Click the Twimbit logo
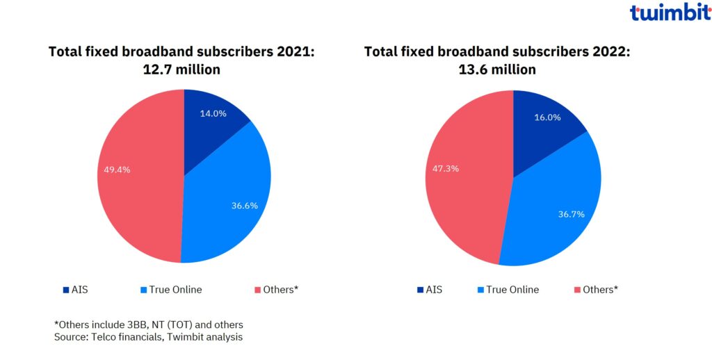coord(670,13)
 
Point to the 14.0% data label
coord(213,113)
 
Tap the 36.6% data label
coord(245,205)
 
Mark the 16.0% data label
coord(547,117)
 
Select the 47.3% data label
coord(445,168)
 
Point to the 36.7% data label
coord(571,214)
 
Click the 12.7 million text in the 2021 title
coord(183,69)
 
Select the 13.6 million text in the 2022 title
coord(498,69)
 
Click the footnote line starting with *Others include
coord(149,325)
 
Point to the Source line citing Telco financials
coord(149,336)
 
